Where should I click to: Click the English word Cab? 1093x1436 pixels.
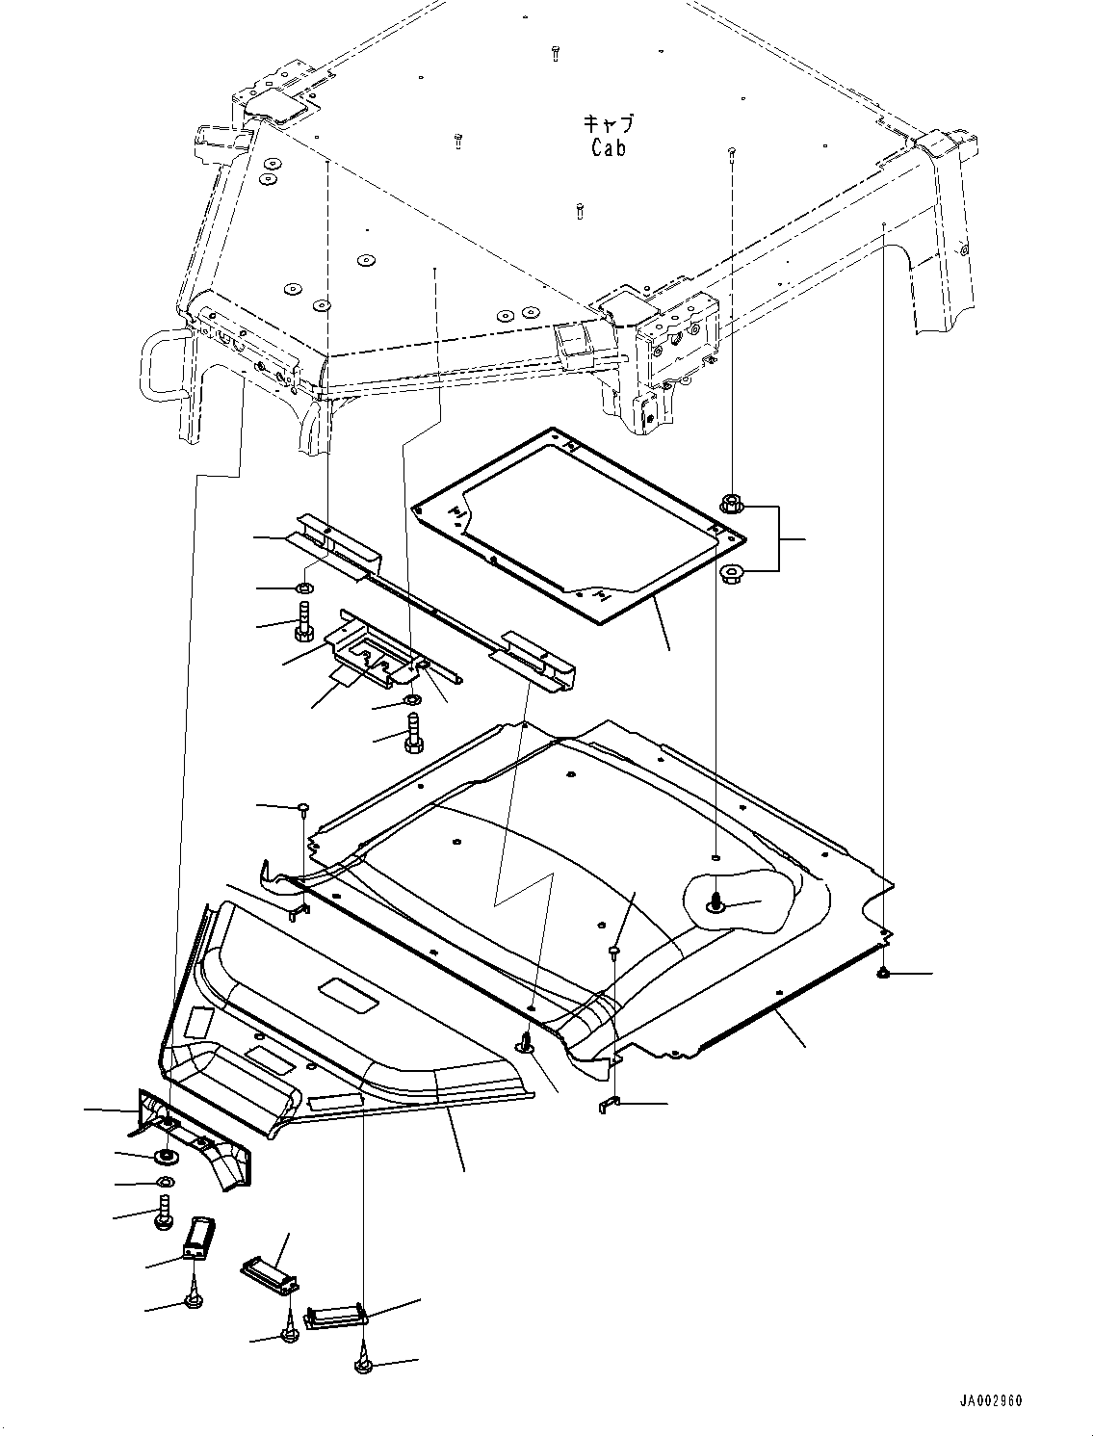[608, 147]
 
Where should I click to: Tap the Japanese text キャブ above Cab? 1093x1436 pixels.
[608, 123]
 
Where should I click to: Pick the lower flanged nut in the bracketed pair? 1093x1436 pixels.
[732, 575]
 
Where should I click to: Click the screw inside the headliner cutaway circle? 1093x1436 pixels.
[716, 902]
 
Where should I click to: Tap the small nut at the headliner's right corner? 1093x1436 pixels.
[882, 976]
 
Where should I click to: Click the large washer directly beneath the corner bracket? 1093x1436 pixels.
[166, 1155]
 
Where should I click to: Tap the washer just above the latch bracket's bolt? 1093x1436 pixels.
[412, 700]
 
